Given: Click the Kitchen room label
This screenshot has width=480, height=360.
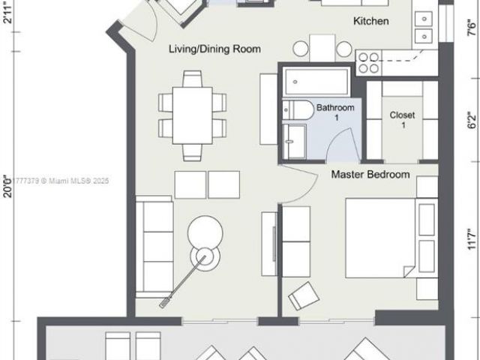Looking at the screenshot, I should [370, 21].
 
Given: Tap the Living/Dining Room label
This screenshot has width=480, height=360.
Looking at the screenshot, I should [214, 49].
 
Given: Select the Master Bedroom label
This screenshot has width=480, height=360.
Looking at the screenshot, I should [370, 175].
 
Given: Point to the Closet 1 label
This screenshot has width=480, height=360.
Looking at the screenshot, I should [402, 120].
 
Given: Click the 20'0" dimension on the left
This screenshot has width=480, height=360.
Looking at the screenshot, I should [8, 184].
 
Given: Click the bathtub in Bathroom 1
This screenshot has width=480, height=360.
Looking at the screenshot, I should [316, 82].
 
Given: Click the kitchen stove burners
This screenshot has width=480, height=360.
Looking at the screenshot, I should [368, 61].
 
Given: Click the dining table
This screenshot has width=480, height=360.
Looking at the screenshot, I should [193, 115].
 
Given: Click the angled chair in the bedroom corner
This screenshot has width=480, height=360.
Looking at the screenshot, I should [304, 295].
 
